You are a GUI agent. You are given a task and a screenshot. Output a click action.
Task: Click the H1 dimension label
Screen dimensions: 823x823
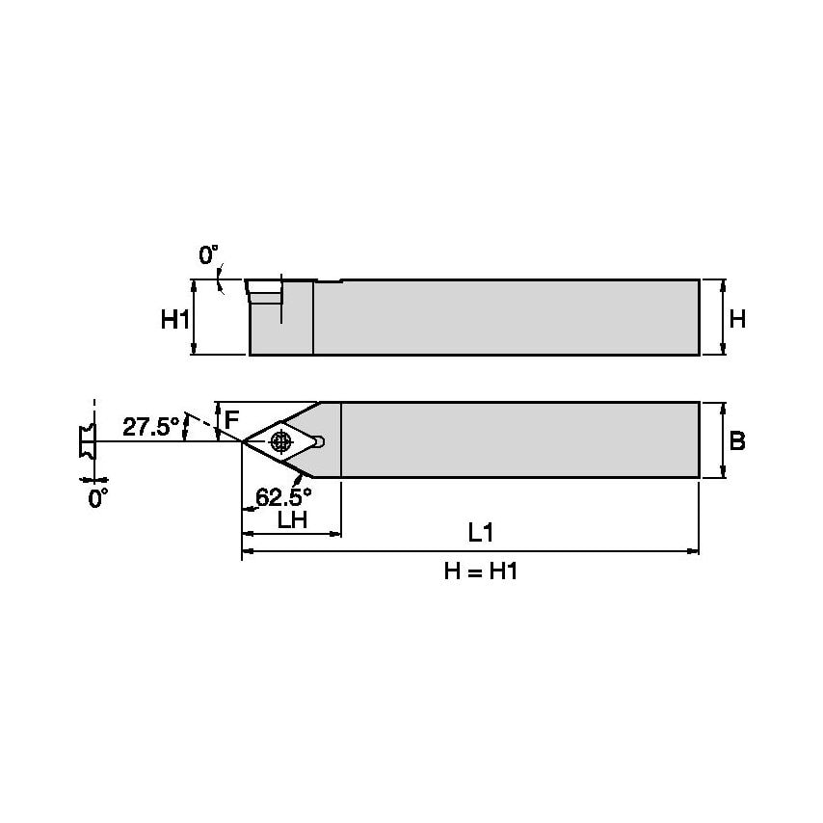click(174, 319)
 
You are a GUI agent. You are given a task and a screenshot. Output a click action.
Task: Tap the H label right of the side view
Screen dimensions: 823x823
click(737, 318)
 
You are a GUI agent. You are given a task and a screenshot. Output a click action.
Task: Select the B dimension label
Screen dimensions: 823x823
click(737, 440)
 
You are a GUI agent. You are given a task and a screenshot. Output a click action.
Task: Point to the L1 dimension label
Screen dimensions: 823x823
click(481, 532)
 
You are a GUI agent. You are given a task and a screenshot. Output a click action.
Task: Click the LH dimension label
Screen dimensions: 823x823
click(292, 520)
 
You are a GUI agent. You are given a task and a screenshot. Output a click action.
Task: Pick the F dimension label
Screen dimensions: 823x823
click(231, 420)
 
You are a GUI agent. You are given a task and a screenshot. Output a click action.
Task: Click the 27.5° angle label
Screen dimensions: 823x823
click(150, 426)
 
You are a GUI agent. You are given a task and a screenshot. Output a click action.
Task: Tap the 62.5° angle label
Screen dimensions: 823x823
click(283, 497)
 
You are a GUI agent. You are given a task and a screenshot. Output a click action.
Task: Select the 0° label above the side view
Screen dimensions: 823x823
click(208, 255)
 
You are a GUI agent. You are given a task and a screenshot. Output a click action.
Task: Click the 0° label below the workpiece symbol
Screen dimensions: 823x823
click(97, 498)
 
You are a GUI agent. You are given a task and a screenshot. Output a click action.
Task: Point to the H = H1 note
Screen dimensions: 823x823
click(481, 571)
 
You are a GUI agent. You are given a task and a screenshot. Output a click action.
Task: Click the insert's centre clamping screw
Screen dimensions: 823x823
click(280, 441)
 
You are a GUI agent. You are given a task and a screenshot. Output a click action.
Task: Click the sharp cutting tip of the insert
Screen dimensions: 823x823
click(243, 441)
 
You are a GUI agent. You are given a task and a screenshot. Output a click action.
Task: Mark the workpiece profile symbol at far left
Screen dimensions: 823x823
click(85, 441)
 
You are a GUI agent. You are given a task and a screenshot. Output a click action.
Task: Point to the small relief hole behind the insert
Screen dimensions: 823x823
click(320, 441)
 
